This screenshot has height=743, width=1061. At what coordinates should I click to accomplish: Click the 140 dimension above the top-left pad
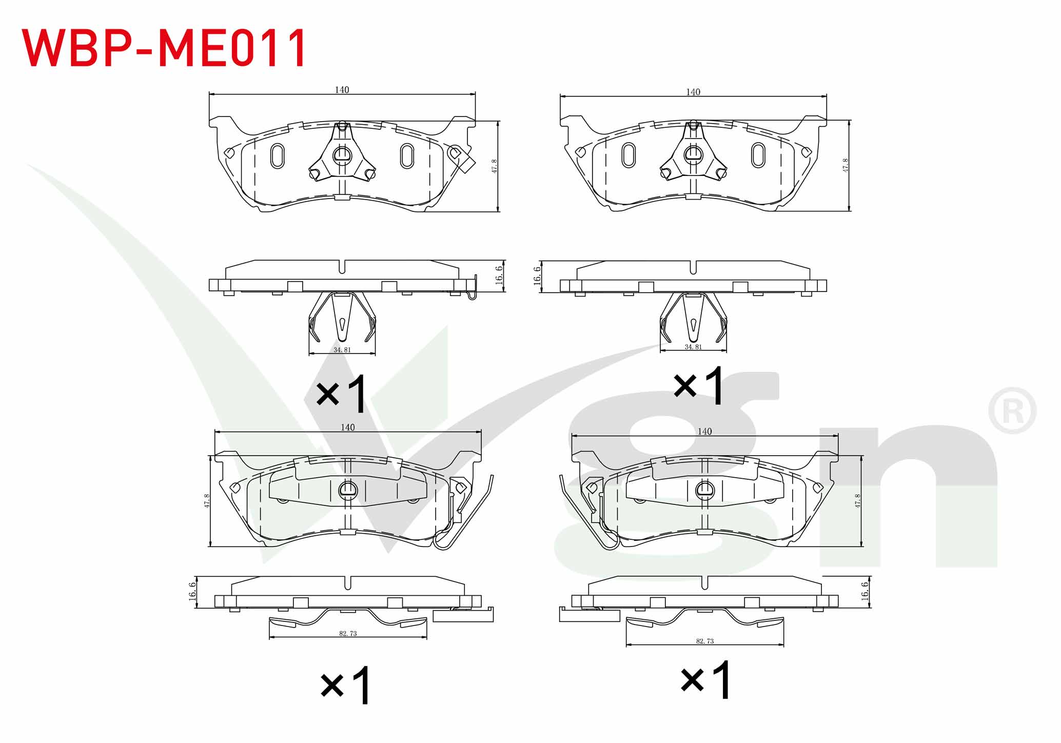click(342, 90)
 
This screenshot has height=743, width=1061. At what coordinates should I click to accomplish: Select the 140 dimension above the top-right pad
click(693, 92)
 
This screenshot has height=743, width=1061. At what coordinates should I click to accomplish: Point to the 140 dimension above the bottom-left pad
click(348, 427)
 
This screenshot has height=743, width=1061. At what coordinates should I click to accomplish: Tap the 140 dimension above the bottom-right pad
click(705, 432)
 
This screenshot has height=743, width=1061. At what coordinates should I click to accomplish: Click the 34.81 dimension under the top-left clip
click(342, 350)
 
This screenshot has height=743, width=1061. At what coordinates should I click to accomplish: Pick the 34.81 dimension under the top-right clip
click(693, 347)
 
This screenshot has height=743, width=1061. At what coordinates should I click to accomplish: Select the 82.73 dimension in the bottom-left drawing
click(348, 633)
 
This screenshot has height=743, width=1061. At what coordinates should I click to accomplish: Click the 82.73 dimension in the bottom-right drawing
click(705, 641)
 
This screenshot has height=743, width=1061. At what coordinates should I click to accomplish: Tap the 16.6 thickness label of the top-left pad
click(499, 275)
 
